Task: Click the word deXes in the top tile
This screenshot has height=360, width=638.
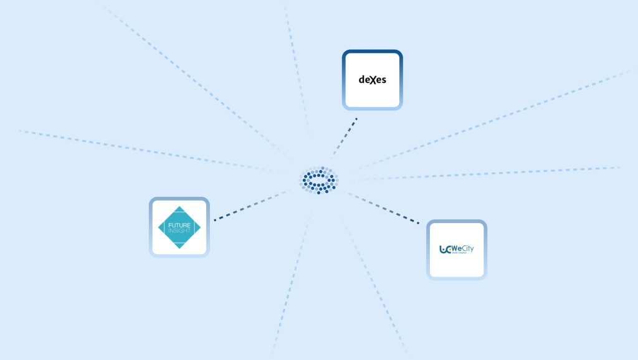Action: tap(373, 80)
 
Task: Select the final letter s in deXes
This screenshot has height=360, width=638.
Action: tap(383, 80)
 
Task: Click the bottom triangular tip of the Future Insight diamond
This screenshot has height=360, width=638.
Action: tap(179, 245)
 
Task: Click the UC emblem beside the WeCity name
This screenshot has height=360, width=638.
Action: tap(445, 249)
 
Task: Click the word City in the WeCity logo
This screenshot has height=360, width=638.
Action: tap(467, 249)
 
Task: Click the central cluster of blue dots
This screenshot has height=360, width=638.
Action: tap(318, 180)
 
